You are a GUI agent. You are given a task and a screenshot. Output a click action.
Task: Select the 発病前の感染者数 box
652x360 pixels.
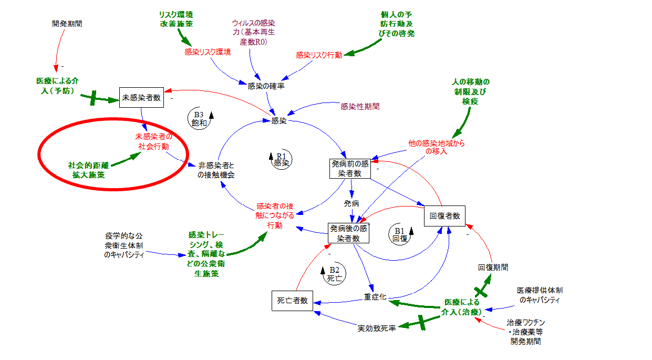349,168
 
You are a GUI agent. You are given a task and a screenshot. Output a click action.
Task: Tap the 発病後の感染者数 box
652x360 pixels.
349,233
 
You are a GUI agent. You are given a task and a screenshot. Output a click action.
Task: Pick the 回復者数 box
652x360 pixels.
444,215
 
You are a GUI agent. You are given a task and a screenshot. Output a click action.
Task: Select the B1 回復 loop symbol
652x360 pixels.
400,233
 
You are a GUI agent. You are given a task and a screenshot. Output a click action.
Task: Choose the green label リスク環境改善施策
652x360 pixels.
176,19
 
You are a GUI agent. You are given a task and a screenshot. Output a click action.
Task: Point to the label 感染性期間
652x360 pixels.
360,106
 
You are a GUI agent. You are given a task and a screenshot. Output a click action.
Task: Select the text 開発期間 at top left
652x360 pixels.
67,24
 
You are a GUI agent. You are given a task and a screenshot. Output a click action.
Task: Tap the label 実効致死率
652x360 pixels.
377,328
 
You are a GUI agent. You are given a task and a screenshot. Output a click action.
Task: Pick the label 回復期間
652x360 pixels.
493,267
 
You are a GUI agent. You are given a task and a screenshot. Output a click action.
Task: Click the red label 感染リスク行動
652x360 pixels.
319,55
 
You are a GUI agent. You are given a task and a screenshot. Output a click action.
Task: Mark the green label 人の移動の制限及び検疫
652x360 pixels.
470,91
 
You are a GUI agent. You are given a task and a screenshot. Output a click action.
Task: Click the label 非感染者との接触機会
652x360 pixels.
216,170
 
